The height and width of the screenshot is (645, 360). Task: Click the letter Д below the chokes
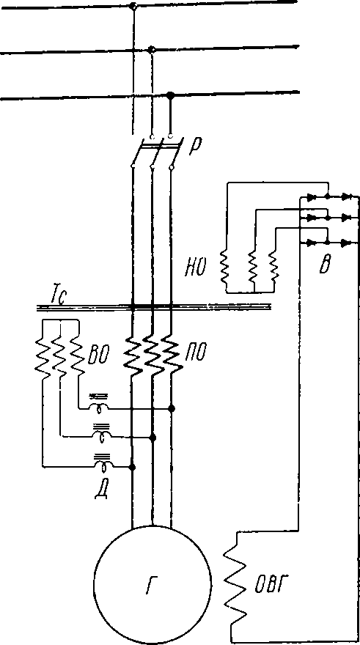click(x=100, y=490)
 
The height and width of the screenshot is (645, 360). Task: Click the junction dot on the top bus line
click(x=133, y=6)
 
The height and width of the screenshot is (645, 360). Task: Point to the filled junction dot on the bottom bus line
click(x=170, y=95)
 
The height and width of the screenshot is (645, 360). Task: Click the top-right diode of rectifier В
click(x=348, y=196)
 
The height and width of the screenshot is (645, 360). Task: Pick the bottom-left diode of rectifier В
click(x=312, y=243)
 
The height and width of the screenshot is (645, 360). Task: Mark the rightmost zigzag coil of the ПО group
click(x=172, y=354)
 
